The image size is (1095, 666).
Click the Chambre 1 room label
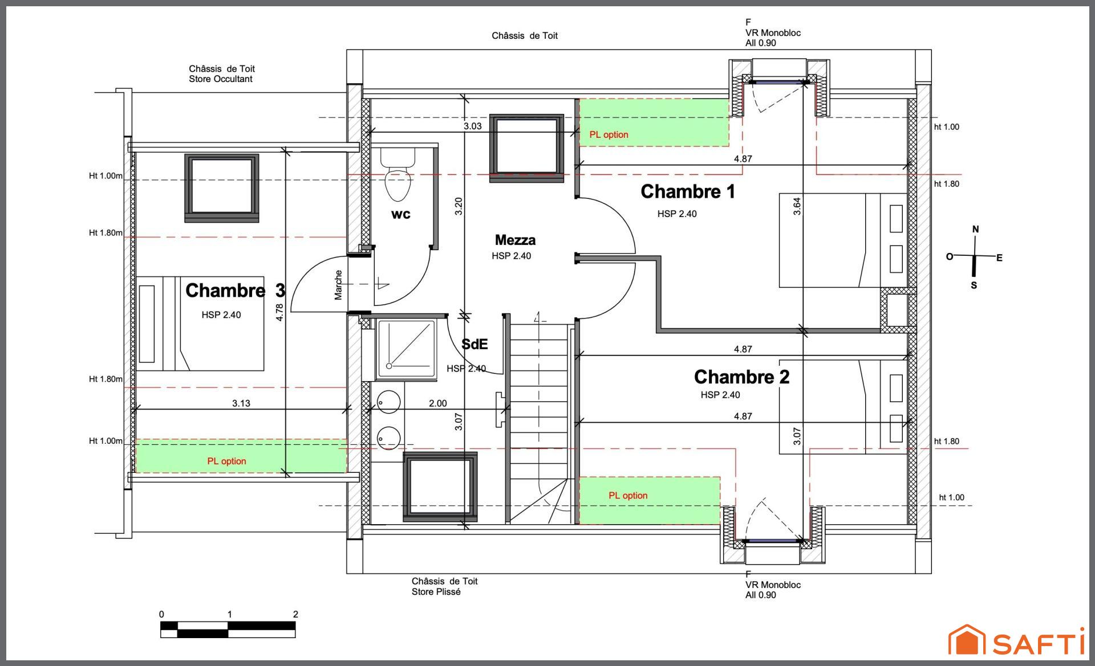pos(688,191)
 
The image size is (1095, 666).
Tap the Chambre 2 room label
pos(741,377)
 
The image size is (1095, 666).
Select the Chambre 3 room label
pos(235,291)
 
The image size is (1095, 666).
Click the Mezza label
pos(515,240)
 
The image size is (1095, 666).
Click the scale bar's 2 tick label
pos(295,614)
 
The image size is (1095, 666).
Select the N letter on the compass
pos(975,229)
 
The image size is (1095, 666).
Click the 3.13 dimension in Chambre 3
pos(241,403)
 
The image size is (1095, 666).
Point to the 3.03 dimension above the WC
pos(472,126)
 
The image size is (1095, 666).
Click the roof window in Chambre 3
pos(221,187)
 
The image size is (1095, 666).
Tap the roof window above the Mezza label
pos(526,146)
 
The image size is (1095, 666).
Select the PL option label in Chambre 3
pos(226,461)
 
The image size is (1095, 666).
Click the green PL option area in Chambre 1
pos(654,122)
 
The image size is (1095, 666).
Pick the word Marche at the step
pos(338,285)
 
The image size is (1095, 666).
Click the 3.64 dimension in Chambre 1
pos(797,206)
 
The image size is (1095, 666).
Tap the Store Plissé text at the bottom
pos(436,592)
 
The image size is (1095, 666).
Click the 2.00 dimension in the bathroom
pos(438,403)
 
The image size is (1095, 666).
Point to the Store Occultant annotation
pos(221,79)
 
